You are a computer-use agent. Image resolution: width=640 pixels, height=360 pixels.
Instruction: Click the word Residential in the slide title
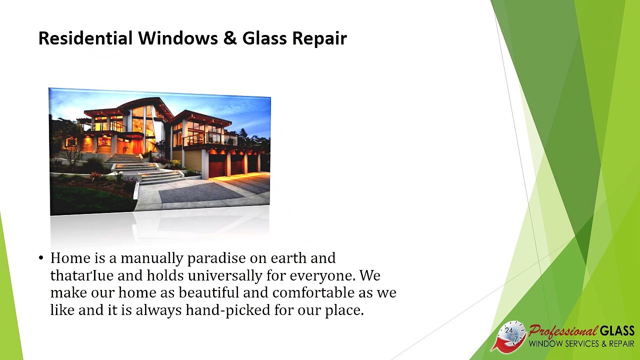pos(85,38)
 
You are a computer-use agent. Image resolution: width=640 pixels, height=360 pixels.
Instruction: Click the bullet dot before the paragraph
pos(41,258)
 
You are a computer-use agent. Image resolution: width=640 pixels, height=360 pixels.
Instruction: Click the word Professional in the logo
pos(562,331)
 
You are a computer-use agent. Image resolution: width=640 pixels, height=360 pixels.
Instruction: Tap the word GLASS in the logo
pos(617,331)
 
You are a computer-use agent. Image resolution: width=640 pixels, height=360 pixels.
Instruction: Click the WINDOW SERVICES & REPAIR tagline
pos(581,344)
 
